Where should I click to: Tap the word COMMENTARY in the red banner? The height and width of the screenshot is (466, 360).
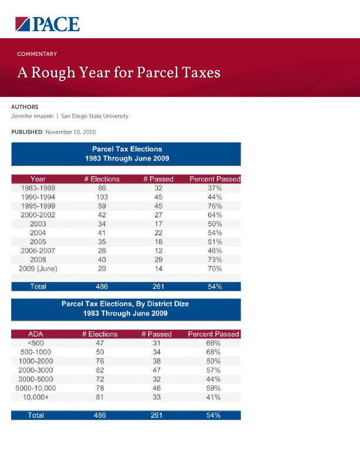coord(36,54)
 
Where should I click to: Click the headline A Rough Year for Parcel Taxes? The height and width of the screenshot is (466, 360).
coord(119,72)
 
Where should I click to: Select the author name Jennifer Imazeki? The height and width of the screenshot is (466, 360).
coord(35,116)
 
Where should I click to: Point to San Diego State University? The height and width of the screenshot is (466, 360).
coord(99,116)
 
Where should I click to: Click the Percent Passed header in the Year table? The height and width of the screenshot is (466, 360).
coord(215,179)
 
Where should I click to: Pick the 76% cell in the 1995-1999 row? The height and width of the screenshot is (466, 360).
coord(215,206)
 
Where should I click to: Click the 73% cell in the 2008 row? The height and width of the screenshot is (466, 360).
coord(215,259)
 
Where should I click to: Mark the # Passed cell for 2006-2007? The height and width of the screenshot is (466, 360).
coord(158,251)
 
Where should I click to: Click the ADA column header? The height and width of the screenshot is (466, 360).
coord(36,334)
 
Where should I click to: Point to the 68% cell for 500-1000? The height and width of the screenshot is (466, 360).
coord(213,352)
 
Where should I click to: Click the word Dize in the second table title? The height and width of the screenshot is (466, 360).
coord(179,304)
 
